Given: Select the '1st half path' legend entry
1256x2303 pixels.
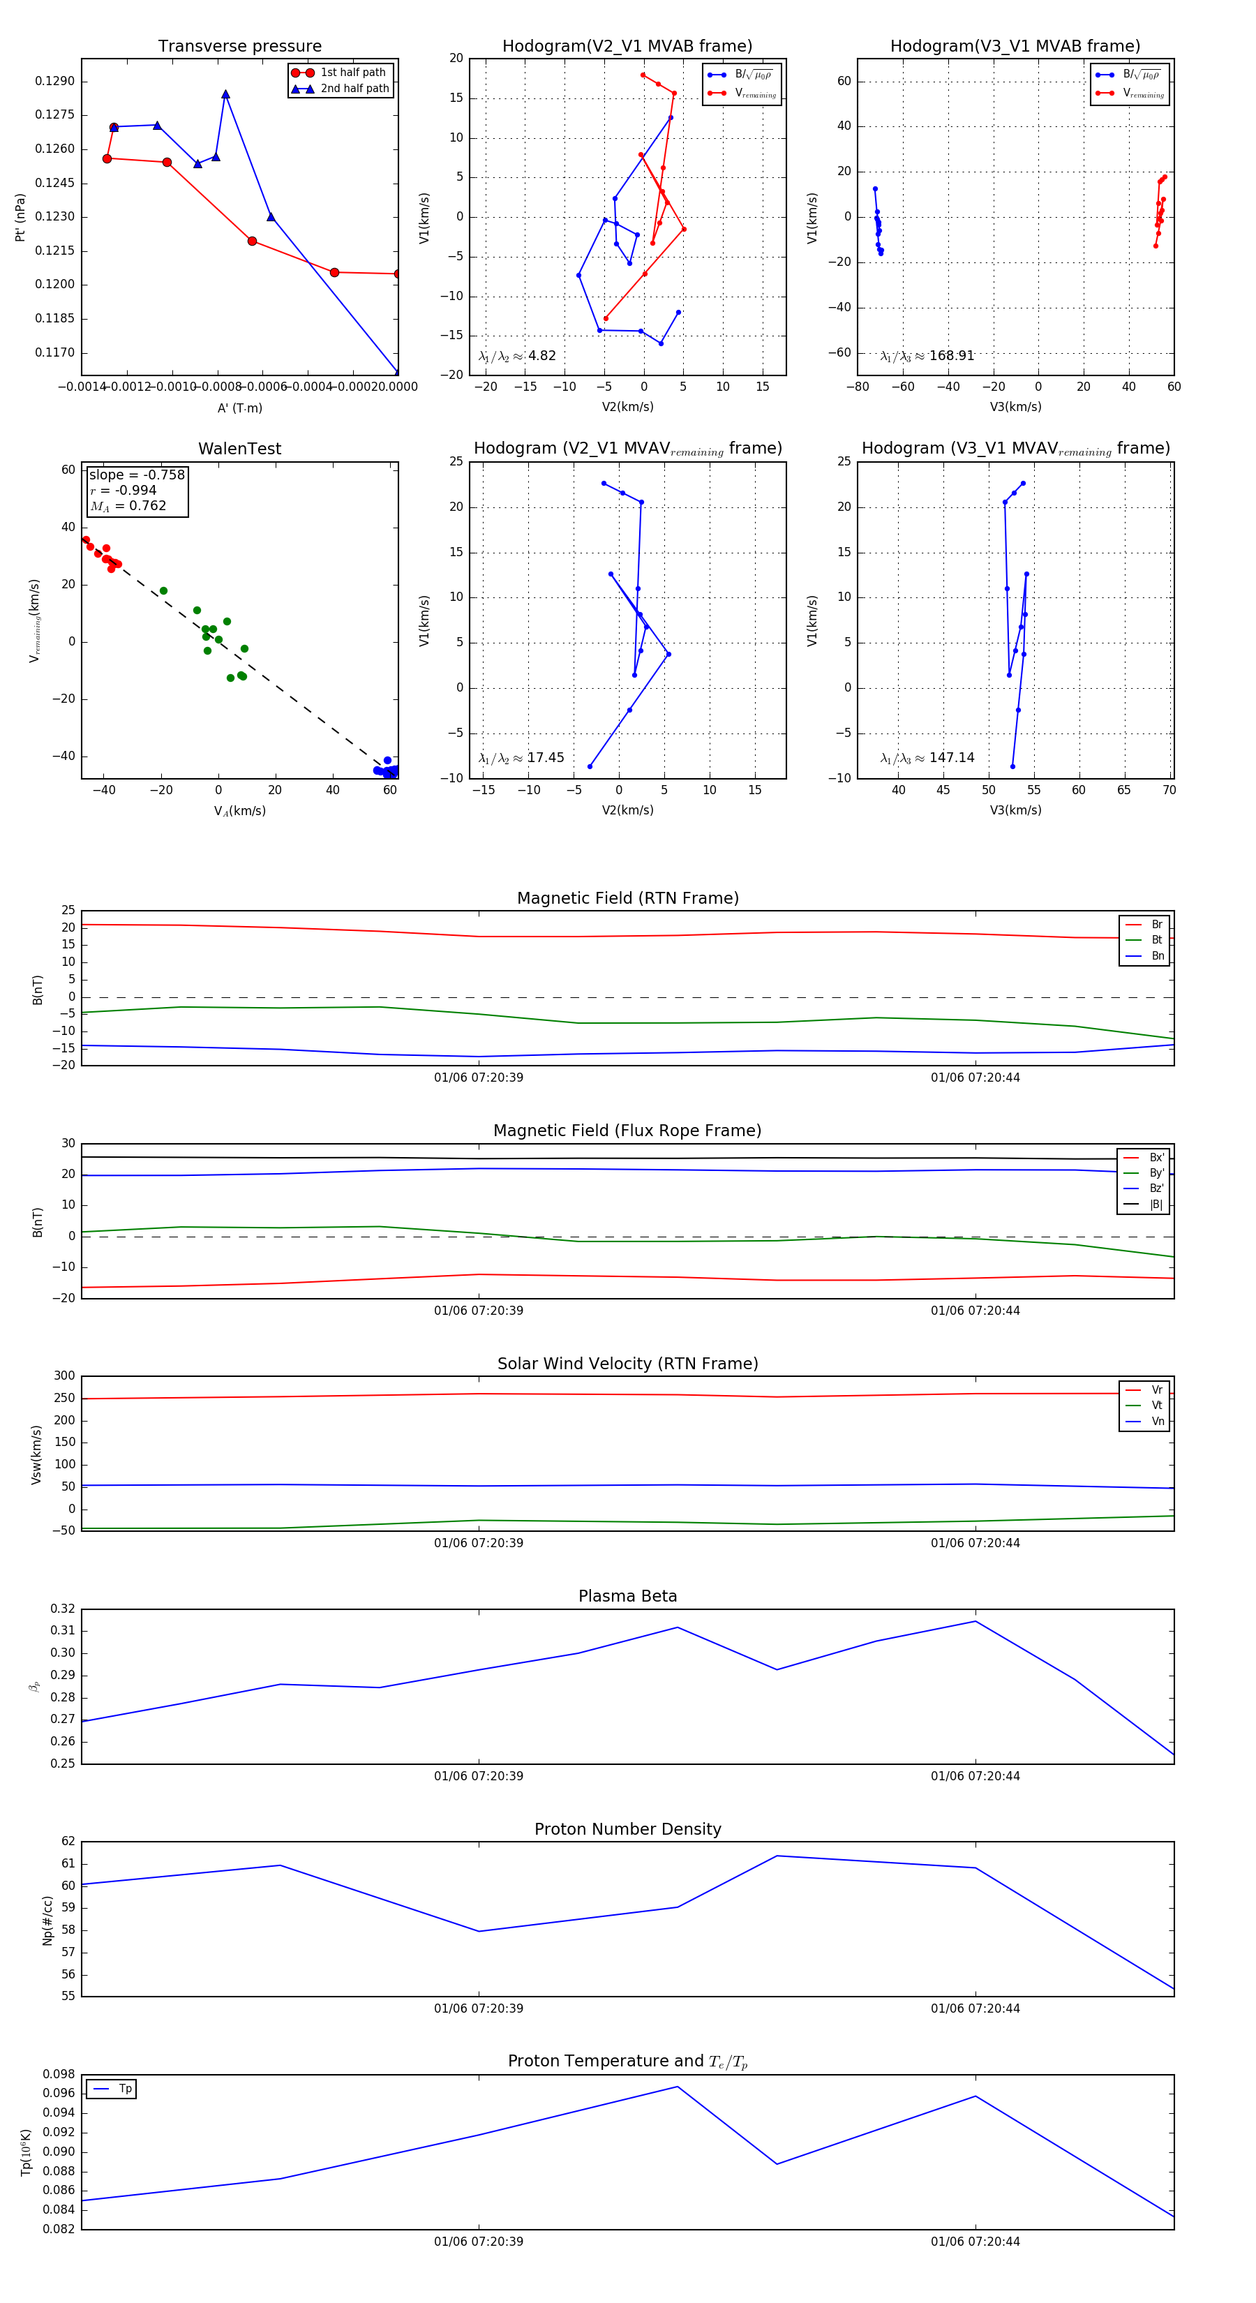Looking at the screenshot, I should tap(352, 73).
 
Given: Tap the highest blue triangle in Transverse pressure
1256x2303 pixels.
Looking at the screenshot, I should tap(225, 95).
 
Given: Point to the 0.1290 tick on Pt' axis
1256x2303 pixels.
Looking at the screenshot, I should tap(54, 82).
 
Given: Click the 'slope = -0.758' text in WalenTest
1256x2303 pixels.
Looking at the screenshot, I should tap(137, 475).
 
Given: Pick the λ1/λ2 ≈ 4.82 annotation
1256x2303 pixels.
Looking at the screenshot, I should tap(516, 356).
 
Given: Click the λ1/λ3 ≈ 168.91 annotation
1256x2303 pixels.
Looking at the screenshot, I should tap(927, 356).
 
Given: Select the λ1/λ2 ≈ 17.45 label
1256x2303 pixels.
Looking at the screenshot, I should tap(521, 758).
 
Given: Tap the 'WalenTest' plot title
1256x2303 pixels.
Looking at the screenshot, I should tap(239, 449).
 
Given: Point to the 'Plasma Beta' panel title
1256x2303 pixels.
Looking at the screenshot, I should tap(627, 1596).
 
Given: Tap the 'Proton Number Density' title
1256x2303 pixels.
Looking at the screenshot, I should tap(627, 1828).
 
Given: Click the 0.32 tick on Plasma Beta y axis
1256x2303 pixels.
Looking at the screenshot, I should tap(63, 1609).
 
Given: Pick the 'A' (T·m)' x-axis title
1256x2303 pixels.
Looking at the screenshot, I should tap(239, 408).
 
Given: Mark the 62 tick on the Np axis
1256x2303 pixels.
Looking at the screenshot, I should tap(68, 1841).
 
